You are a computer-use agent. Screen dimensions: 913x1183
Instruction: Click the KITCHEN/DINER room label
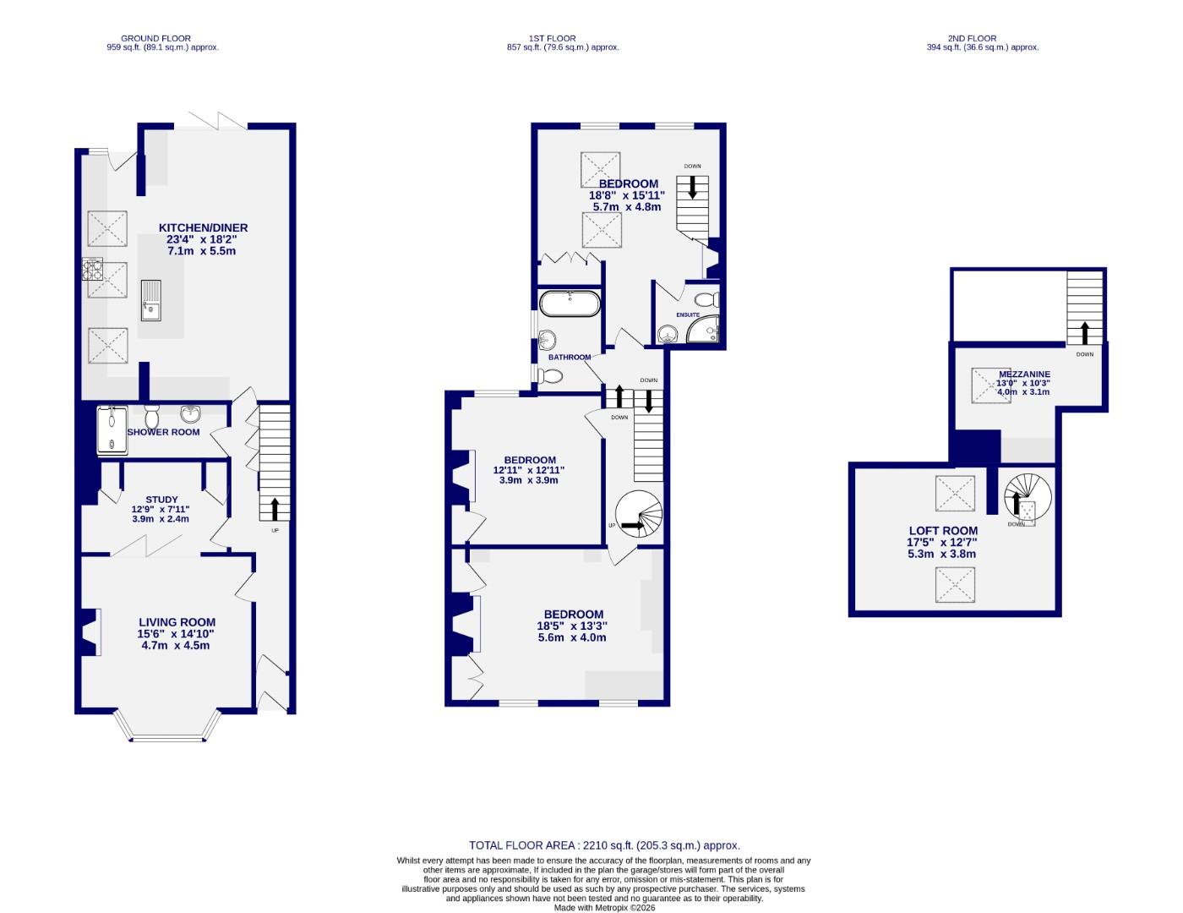pos(203,227)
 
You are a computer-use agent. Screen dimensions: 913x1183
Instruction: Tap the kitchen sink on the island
pos(150,301)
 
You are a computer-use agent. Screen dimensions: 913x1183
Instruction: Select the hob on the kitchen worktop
pos(91,269)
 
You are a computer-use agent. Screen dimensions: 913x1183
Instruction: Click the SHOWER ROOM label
pos(164,432)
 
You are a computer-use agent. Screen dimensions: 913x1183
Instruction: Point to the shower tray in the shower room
pos(112,431)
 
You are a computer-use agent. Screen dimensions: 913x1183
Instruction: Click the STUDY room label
pos(161,500)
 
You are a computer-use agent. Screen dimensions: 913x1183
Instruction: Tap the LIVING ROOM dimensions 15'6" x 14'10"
pos(177,633)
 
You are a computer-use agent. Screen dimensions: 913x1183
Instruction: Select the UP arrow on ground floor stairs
pos(275,510)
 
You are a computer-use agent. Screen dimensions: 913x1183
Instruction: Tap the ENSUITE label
pos(688,314)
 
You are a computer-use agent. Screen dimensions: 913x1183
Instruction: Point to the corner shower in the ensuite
pos(706,331)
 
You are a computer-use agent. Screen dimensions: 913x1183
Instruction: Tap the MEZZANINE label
pos(1024,374)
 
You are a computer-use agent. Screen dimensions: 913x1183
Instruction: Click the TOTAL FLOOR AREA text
pos(604,845)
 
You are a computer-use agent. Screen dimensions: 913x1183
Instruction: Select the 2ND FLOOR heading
pos(972,38)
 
